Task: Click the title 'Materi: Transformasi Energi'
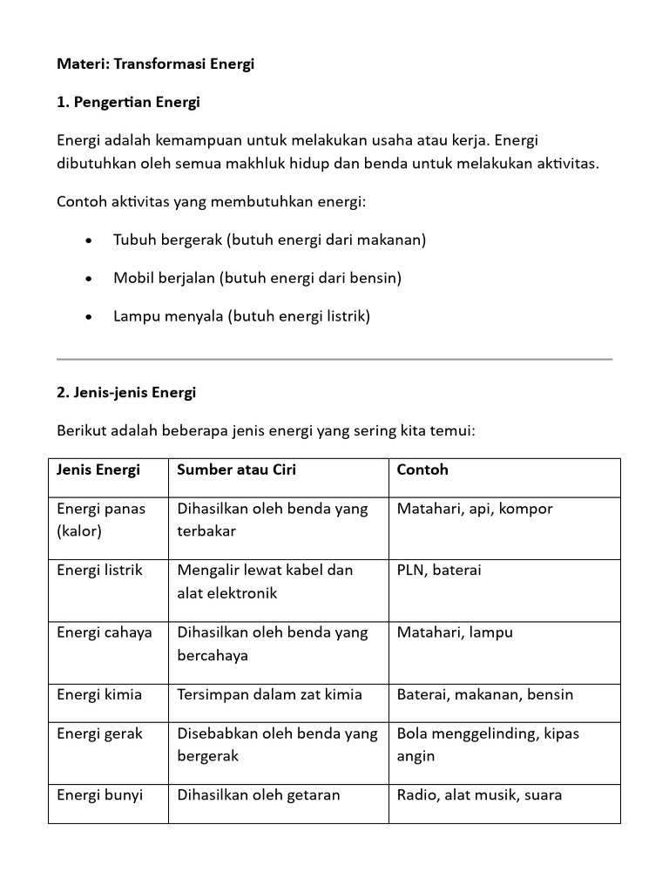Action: tap(155, 64)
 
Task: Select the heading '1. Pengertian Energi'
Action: tap(128, 103)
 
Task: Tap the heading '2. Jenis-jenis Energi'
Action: tap(126, 393)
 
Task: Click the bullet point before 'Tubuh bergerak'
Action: tap(91, 240)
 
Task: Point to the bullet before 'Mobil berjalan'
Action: tap(91, 279)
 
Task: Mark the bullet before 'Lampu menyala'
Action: tap(91, 317)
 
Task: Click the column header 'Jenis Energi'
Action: tap(98, 470)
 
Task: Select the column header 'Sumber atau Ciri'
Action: tap(236, 470)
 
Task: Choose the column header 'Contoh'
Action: tap(422, 470)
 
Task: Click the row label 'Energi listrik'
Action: tap(99, 571)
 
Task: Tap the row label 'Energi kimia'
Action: tap(99, 695)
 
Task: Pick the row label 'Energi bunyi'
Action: tap(99, 795)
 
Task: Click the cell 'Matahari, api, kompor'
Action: tap(475, 509)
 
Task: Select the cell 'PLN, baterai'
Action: tap(439, 571)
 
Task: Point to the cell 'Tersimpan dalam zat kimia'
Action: tap(270, 695)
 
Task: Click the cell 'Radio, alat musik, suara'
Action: tap(480, 795)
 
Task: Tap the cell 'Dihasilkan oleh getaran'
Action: tap(259, 795)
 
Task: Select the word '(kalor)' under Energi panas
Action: tap(79, 531)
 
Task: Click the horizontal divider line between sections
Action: tap(334, 359)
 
